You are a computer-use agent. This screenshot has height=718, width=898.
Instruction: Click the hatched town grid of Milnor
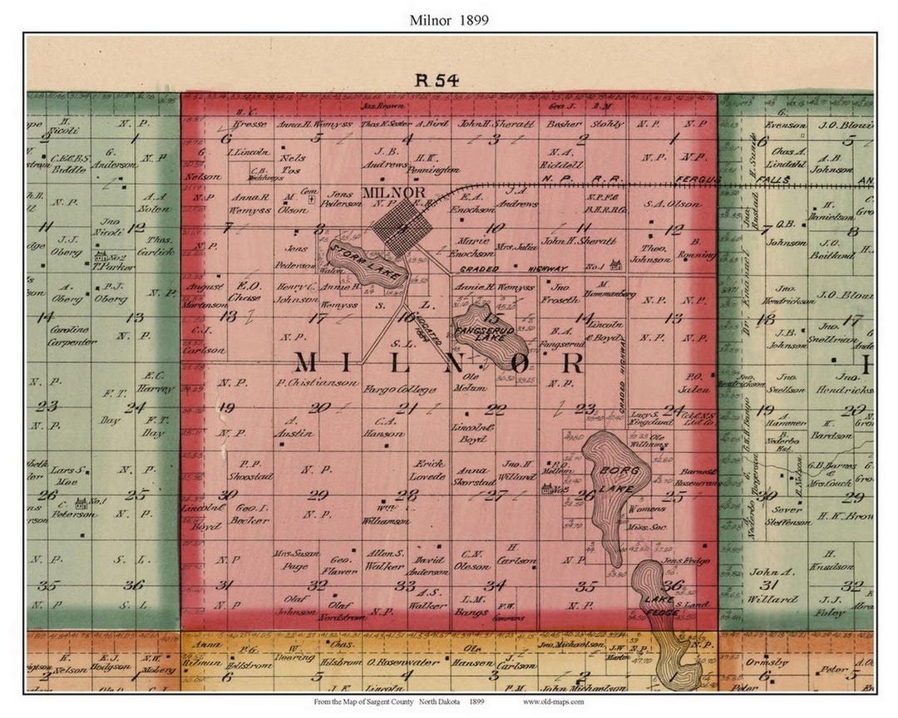coord(402,226)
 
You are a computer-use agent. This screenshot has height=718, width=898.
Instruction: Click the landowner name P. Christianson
coord(318,384)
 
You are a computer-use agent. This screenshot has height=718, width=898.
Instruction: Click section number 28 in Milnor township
coord(406,495)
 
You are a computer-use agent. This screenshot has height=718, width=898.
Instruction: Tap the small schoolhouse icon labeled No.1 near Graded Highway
coord(617,265)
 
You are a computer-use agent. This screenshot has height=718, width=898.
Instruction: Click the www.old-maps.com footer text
coord(553,702)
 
